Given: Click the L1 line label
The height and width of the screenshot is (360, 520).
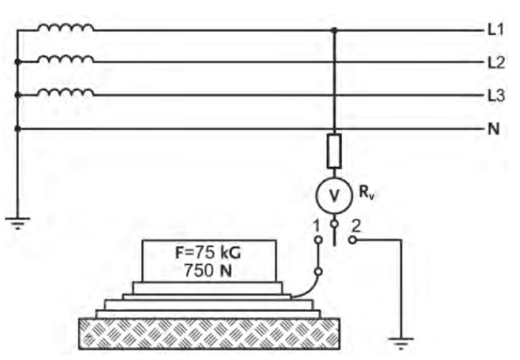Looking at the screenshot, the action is [496, 30].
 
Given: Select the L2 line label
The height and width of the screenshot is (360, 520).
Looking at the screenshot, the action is [496, 62].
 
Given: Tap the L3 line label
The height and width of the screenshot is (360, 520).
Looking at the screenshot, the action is [496, 95].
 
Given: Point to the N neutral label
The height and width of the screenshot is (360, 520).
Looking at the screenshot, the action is [494, 128].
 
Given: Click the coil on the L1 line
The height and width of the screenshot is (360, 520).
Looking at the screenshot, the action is [66, 27].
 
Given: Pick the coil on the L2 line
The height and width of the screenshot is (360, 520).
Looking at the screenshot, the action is [66, 59].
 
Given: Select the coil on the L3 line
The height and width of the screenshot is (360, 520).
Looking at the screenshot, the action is [66, 92].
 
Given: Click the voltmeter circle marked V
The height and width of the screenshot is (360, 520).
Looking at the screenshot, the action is [334, 195].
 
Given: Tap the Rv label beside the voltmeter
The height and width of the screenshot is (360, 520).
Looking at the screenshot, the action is [366, 192].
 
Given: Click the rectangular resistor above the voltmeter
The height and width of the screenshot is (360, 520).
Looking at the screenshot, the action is [334, 151].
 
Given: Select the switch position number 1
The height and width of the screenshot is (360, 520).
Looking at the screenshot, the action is [316, 226].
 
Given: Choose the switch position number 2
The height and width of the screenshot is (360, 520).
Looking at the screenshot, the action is [356, 226].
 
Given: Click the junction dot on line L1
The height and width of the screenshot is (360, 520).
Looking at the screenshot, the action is [334, 31].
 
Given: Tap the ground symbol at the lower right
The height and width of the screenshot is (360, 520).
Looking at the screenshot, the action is [401, 343].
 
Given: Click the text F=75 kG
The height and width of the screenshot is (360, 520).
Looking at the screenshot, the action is [208, 253].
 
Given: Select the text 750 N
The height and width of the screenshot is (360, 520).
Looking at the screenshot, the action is [208, 271].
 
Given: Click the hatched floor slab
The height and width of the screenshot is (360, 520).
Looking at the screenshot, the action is [209, 334].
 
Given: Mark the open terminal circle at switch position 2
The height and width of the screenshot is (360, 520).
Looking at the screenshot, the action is [353, 239].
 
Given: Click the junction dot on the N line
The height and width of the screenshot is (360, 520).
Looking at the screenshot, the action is [17, 128].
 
